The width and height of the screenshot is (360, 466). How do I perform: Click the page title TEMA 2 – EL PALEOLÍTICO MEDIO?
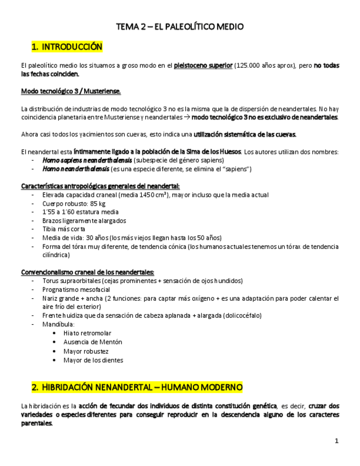point(180,26)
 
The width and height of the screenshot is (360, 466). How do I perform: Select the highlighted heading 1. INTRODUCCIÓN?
point(67,47)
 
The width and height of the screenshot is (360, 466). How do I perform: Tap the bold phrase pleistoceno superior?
point(203,66)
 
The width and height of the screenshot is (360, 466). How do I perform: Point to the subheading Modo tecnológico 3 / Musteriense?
point(70,91)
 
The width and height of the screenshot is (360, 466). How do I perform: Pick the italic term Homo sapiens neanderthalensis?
point(87,160)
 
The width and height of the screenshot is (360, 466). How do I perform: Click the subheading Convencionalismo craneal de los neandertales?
point(87,272)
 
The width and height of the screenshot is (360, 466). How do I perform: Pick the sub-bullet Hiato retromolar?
point(87,333)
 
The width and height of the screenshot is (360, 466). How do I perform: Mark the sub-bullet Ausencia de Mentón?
point(93,342)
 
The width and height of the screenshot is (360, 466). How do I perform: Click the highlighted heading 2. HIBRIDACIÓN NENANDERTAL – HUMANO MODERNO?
point(137,387)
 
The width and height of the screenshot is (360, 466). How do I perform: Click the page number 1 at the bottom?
point(336,441)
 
